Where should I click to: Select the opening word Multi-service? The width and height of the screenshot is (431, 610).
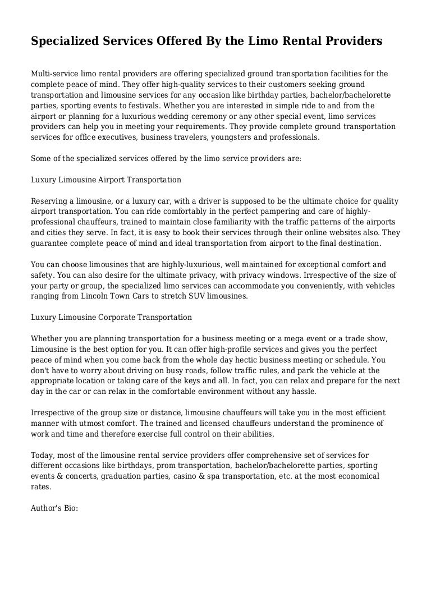[54, 74]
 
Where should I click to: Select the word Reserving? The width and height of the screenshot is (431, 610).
[49, 201]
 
